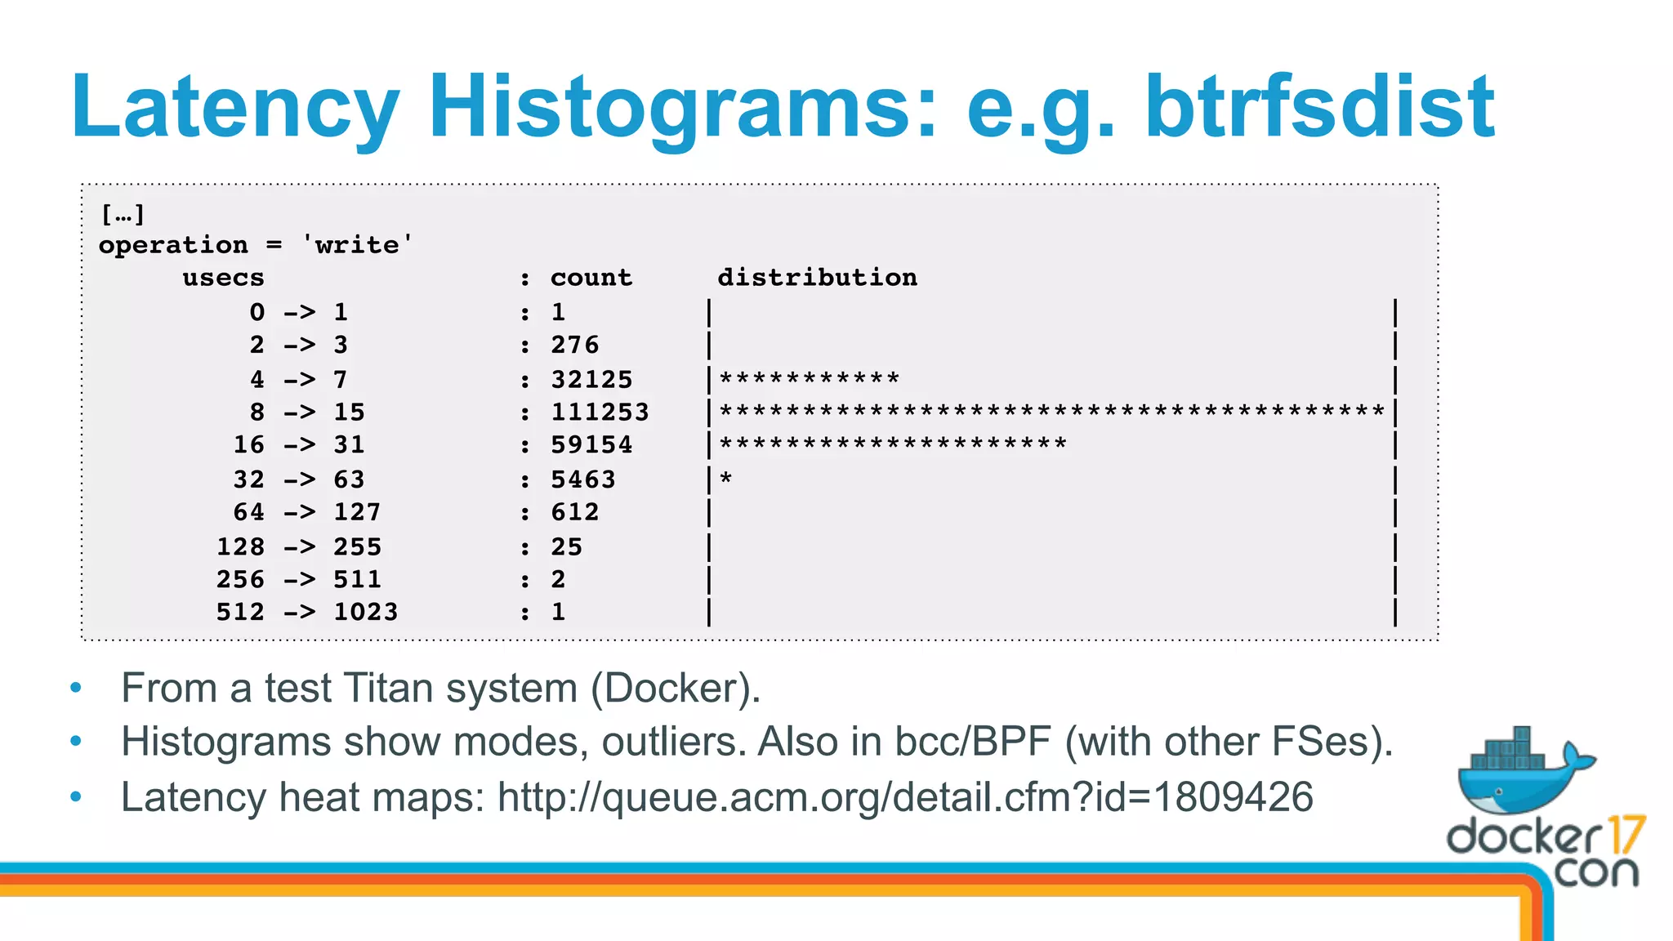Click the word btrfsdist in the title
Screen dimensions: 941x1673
1318,106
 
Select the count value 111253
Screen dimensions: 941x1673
600,412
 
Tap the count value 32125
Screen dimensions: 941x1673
591,379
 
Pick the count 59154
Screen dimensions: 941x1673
591,444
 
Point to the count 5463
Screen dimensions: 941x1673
583,479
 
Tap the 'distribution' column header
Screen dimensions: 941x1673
817,278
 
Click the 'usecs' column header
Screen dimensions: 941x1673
223,278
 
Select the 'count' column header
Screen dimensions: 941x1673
591,278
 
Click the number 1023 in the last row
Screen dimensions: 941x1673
365,612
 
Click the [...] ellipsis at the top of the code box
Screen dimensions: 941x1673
123,214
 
